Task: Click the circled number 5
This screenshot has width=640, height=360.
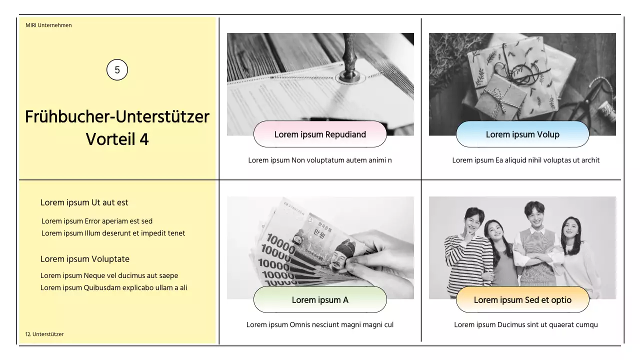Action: [117, 69]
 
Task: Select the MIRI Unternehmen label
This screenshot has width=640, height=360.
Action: [48, 25]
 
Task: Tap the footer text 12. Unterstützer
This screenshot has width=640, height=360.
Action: [44, 334]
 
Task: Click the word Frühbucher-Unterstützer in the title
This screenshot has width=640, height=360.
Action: [117, 117]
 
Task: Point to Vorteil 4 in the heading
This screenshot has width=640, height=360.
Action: [117, 139]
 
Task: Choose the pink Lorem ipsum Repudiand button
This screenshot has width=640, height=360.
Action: [320, 134]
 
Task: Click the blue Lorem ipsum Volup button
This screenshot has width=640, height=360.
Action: [522, 134]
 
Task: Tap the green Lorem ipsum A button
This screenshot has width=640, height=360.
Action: [320, 299]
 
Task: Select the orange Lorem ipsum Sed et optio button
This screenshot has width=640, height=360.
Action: [522, 299]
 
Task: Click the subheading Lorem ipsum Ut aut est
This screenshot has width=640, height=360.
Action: [84, 202]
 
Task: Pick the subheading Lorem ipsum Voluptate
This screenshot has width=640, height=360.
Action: [85, 259]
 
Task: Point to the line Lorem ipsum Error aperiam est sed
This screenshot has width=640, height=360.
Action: [97, 221]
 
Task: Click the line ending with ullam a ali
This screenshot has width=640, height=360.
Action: [113, 287]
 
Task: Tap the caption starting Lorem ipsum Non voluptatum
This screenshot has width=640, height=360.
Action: [320, 160]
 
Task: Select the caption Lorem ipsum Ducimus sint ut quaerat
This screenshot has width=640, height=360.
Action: [525, 325]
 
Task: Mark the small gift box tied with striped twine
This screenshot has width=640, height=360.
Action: [501, 97]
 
